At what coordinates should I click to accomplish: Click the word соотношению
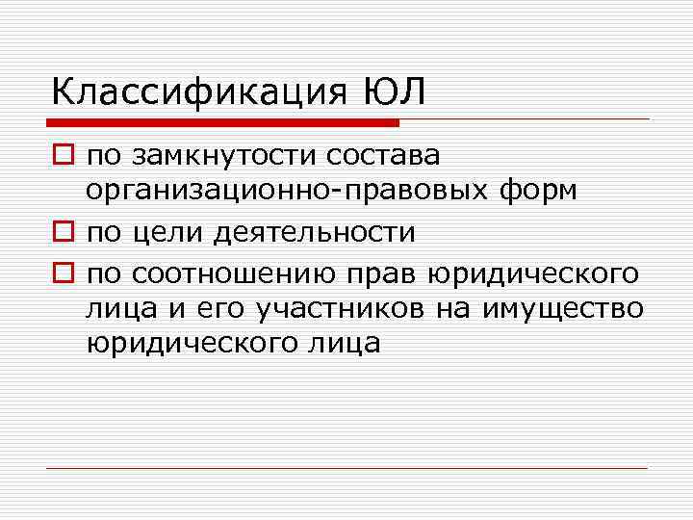coord(235,273)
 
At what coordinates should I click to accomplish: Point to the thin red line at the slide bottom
coord(347,469)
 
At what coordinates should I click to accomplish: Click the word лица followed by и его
coord(119,308)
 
